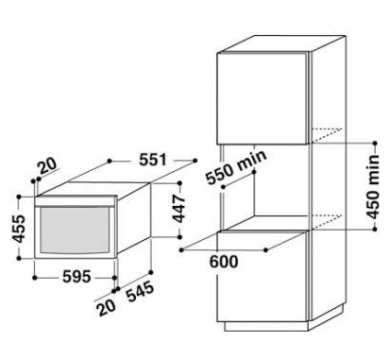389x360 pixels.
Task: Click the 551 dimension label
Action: coord(153,160)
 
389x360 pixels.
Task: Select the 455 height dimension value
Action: coord(19,229)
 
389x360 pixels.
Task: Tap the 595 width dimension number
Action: coord(76,277)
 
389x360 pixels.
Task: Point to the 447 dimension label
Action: coord(179,209)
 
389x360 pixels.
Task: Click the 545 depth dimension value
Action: coord(141,292)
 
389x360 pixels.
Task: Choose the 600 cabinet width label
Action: coord(224,262)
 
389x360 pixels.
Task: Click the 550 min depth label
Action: coord(236,167)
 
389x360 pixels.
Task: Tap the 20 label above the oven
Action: coord(47,165)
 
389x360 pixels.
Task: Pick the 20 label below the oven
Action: coord(107,307)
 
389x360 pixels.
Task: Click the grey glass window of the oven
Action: coord(75,231)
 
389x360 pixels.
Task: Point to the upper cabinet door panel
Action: coord(262,98)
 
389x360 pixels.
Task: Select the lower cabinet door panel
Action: coord(262,277)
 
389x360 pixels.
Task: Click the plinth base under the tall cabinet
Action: coord(266,327)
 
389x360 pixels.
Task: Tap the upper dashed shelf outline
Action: coord(327,135)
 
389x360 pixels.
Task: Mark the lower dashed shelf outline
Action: coord(327,221)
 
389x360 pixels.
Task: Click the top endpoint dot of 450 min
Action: coord(375,144)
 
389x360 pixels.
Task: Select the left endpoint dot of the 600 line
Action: coord(181,250)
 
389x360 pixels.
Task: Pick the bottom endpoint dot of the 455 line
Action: coord(19,258)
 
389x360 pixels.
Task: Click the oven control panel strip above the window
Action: coord(76,200)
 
